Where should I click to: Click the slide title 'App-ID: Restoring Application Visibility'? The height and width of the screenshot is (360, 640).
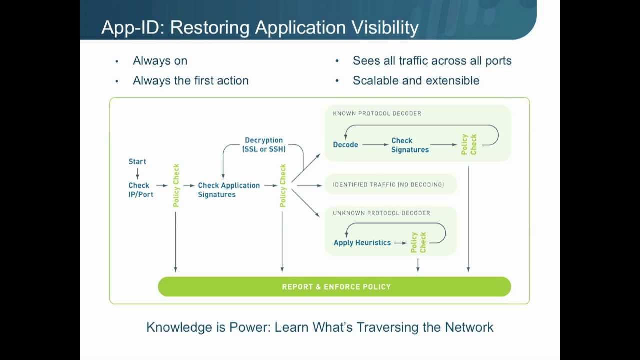[x=260, y=27]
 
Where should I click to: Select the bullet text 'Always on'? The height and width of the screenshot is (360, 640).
[x=160, y=61]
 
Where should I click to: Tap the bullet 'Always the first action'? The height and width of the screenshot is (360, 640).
[x=190, y=81]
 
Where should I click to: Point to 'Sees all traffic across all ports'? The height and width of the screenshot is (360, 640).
[x=432, y=61]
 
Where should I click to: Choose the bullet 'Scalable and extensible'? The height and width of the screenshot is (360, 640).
[x=416, y=81]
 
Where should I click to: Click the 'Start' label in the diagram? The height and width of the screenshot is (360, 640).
[x=137, y=161]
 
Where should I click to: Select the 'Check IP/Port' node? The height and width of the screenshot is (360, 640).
[x=140, y=190]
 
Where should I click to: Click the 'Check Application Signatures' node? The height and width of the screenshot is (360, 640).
[x=228, y=190]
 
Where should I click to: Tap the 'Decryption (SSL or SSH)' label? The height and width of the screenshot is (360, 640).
[x=264, y=145]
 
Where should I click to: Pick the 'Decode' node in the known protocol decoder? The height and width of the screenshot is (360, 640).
[x=345, y=145]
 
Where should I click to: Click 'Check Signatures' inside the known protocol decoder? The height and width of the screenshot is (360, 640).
[x=409, y=145]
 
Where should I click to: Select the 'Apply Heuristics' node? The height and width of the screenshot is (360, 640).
[x=362, y=243]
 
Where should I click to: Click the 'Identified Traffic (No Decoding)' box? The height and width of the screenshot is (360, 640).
[x=388, y=185]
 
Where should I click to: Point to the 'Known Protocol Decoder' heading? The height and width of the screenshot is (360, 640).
[x=377, y=113]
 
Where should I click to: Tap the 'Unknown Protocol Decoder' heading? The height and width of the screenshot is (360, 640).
[x=381, y=213]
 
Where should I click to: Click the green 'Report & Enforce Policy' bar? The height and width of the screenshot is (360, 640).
[x=334, y=287]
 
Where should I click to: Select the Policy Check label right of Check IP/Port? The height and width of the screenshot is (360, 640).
[x=176, y=185]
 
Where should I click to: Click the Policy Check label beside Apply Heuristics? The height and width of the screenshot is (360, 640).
[x=418, y=242]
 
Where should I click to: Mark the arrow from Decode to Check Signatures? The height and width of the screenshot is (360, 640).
[x=375, y=145]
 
